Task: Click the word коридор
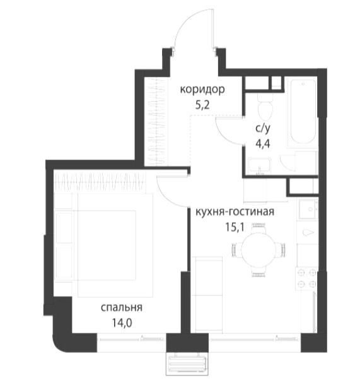tap(202, 90)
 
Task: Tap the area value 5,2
tap(202, 105)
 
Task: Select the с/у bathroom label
tap(263, 129)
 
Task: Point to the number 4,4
tap(263, 144)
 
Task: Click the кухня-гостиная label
tap(235, 212)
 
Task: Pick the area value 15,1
tap(235, 227)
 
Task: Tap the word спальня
tap(122, 308)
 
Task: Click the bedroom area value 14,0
tap(122, 323)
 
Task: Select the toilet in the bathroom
tap(265, 105)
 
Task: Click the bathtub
tap(303, 112)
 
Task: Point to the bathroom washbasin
tap(260, 165)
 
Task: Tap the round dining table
tap(258, 250)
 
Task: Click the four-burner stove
tap(307, 278)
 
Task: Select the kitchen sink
tap(308, 209)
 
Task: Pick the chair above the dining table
tap(258, 227)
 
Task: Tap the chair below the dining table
tap(258, 273)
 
